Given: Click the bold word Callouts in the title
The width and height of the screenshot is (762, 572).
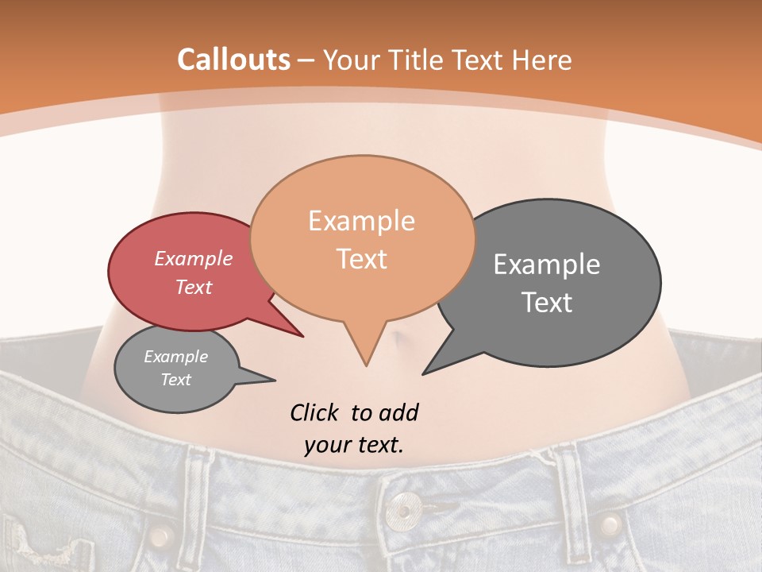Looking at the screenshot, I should point(233,60).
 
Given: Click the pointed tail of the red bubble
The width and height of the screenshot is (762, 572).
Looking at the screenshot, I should point(302,336).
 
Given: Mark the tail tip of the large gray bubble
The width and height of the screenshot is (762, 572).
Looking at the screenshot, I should point(424,373).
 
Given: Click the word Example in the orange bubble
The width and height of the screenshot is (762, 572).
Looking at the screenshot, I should point(361,221).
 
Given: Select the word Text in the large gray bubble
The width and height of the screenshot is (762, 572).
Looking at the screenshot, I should point(547,303).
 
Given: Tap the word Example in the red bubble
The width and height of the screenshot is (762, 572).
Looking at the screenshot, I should point(193,258).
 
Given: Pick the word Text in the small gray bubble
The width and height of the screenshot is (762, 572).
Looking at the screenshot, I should point(176,380).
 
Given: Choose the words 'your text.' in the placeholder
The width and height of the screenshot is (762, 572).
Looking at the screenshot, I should point(353,445).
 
